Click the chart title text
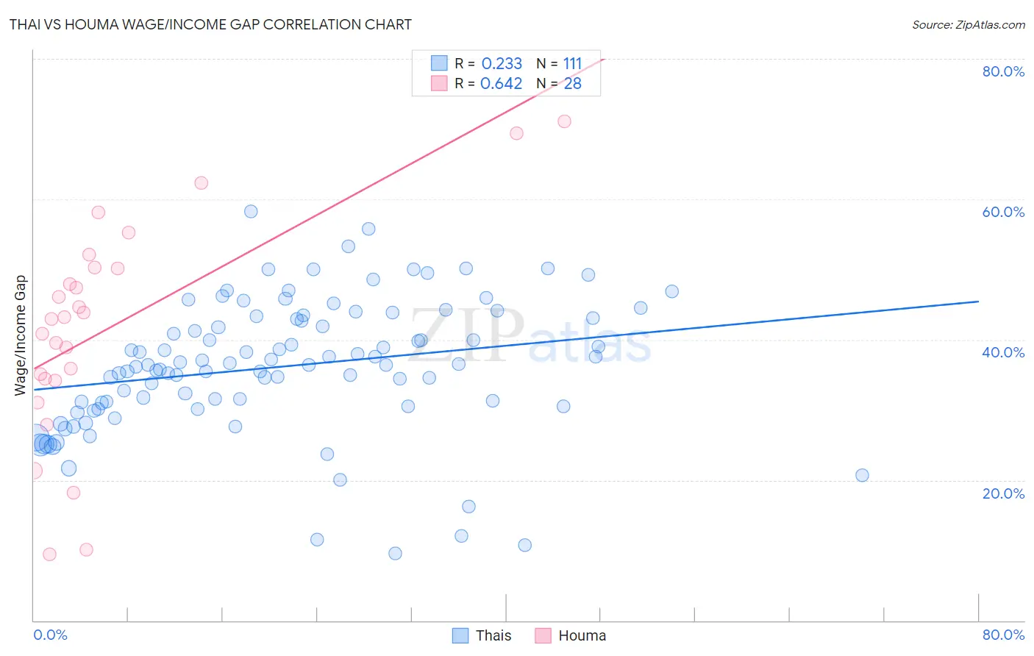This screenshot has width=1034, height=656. tap(210, 24)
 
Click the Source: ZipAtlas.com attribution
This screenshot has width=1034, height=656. tap(968, 24)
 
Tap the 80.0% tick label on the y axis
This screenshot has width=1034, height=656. tap(1003, 71)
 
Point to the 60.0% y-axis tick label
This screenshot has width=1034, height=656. tap(1003, 212)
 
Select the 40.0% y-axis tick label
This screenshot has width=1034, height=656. tap(1003, 352)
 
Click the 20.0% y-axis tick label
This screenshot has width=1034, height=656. tap(1003, 493)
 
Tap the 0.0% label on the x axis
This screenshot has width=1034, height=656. tap(50, 635)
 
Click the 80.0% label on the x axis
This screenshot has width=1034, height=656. tap(1003, 635)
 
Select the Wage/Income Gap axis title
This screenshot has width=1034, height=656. tap(20, 335)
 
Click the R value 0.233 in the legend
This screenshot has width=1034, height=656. tap(502, 64)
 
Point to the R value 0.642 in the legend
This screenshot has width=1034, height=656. tap(502, 84)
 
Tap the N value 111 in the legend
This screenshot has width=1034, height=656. tap(572, 64)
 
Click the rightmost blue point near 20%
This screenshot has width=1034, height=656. tap(862, 475)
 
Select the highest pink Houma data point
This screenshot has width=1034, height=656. tap(564, 121)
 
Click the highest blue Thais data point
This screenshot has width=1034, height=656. tap(251, 211)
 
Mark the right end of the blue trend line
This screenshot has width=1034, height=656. tap(978, 302)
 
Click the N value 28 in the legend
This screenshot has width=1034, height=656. tap(572, 84)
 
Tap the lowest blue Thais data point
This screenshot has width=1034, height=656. tap(395, 553)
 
